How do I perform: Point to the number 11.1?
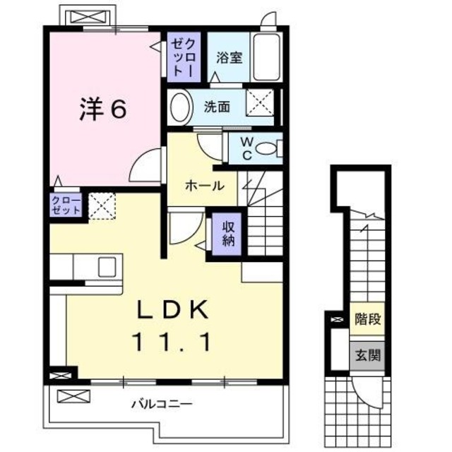172,343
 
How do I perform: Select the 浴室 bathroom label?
230,57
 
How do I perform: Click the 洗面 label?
217,107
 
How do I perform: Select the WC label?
238,148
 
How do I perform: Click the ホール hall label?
206,186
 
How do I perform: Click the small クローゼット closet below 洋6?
66,205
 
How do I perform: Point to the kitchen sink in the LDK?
107,268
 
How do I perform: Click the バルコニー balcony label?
162,405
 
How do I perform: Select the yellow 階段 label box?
367,319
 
